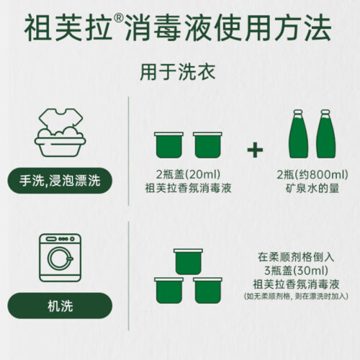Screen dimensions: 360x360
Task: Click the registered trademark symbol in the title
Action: [118, 19]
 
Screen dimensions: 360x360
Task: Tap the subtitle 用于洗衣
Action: [178, 72]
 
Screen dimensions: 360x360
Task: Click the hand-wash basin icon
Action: [60, 132]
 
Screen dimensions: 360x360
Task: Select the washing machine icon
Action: [60, 258]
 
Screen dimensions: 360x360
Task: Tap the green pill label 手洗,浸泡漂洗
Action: [60, 181]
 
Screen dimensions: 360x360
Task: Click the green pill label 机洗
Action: [60, 305]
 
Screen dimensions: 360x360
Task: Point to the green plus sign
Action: [255, 150]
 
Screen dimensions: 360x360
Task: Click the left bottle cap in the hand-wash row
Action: [169, 145]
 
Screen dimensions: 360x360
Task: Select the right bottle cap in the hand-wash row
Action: [207, 145]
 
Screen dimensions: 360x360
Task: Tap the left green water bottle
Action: [298, 134]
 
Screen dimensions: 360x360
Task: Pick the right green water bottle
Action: [325, 134]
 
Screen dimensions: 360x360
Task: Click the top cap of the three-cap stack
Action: [189, 261]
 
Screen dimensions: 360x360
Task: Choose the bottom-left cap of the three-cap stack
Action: [169, 290]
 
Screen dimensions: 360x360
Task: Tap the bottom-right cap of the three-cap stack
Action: [207, 290]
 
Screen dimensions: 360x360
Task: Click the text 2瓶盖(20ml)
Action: [188, 174]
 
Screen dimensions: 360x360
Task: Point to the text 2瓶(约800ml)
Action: [312, 174]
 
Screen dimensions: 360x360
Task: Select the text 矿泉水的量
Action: [312, 188]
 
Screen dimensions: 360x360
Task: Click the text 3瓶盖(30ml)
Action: [296, 271]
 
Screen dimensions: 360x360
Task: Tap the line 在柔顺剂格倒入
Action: [296, 257]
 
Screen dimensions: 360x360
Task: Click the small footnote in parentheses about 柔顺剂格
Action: [296, 297]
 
